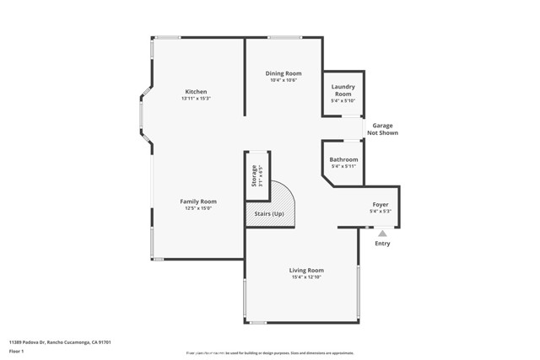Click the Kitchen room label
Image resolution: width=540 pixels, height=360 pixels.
click(x=196, y=92)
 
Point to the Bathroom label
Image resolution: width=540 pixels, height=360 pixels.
click(x=343, y=159)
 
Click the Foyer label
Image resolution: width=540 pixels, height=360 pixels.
click(x=381, y=205)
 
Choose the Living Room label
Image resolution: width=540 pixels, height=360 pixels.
click(x=307, y=270)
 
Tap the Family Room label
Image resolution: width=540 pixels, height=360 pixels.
click(x=198, y=201)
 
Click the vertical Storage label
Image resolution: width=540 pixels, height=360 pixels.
click(x=253, y=176)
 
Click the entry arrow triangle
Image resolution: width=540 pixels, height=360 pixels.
click(x=382, y=234)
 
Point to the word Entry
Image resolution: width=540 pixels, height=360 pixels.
click(x=382, y=244)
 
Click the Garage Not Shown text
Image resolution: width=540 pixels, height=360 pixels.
click(x=382, y=129)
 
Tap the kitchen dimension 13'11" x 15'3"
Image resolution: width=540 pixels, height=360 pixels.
click(x=196, y=99)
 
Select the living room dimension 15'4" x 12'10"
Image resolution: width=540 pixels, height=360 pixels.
click(x=307, y=277)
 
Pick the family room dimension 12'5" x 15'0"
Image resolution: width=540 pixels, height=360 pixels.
click(x=198, y=209)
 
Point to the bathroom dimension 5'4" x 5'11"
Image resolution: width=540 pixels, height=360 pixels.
click(x=343, y=166)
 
